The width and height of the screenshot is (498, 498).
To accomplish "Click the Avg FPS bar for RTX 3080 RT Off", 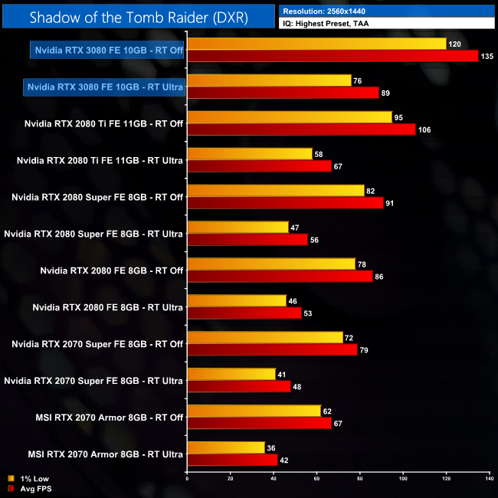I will click(333, 56).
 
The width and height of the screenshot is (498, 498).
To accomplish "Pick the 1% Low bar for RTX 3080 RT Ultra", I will click(269, 80).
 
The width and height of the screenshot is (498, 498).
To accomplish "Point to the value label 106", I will click(424, 129).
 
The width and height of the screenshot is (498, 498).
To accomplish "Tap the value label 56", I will click(315, 240).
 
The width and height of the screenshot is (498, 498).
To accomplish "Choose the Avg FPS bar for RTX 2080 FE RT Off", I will click(280, 277).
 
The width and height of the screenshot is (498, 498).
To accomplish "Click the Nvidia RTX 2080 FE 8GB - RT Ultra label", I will click(107, 307).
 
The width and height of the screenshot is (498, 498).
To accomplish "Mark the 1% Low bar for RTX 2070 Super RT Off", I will click(265, 338).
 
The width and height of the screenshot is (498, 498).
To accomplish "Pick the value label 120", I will click(454, 44).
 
